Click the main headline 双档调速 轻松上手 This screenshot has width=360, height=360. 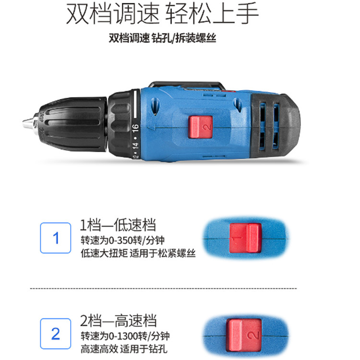coord(162,13)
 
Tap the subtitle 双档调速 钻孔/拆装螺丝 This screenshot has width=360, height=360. coord(162,38)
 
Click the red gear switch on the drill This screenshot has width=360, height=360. coord(200,127)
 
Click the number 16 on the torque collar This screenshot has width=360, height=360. coord(135,128)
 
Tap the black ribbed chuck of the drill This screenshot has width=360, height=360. coord(72,124)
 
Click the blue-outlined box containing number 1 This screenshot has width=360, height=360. coord(56,238)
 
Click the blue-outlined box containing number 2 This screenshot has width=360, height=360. coord(56,334)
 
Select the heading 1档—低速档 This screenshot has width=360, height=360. coord(118,225)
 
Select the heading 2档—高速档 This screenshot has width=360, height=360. coord(119,321)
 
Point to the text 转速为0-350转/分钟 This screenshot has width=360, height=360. coord(122,240)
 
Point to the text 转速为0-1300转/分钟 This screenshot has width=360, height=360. coord(125,336)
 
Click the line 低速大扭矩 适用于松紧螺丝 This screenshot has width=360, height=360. coord(138,253)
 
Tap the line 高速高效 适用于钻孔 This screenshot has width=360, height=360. coord(124,349)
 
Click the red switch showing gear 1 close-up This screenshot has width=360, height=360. coord(245,238)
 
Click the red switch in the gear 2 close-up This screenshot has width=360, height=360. coord(244,335)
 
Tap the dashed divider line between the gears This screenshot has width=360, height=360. coord(164,288)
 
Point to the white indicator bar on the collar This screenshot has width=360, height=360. coord(135,104)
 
